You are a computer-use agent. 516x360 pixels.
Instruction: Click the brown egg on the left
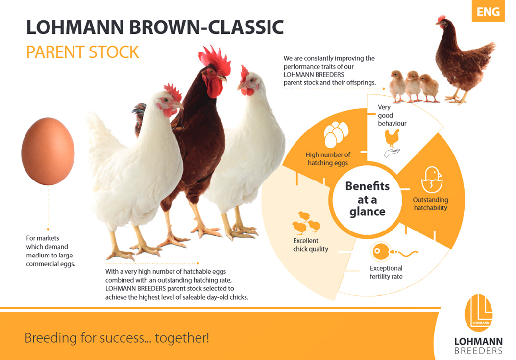(x=48, y=151)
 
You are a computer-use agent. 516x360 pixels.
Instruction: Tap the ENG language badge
(x=488, y=11)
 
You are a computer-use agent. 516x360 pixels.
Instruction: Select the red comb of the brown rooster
(x=215, y=60)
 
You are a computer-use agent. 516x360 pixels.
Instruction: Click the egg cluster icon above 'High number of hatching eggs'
(x=336, y=134)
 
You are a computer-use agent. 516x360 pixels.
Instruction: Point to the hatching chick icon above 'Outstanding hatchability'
(x=432, y=180)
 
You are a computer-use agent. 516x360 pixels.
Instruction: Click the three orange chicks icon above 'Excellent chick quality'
(x=306, y=223)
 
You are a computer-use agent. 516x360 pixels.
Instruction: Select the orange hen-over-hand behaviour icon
(x=392, y=143)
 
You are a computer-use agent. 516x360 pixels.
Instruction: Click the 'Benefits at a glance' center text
(x=367, y=199)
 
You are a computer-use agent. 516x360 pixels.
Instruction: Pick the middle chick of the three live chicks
(x=413, y=86)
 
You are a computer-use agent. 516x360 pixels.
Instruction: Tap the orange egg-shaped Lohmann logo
(x=478, y=312)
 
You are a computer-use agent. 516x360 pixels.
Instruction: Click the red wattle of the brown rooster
(x=214, y=88)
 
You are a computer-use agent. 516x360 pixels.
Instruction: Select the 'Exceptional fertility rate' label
(x=386, y=272)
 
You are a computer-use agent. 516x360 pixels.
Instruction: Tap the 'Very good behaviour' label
(x=392, y=115)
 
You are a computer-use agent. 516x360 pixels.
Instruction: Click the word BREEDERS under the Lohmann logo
(x=478, y=351)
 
